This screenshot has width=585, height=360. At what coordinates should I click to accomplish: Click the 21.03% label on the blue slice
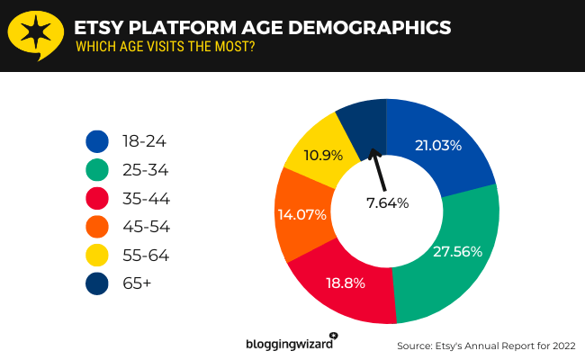click(438, 145)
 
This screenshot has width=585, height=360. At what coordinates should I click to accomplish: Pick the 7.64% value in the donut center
click(387, 203)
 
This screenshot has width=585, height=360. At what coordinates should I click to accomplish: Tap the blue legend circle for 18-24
click(97, 141)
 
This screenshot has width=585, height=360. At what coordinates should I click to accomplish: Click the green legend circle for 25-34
click(97, 170)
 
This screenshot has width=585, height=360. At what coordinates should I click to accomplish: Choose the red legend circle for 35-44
click(97, 198)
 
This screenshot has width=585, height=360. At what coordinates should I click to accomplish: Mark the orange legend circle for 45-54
click(97, 227)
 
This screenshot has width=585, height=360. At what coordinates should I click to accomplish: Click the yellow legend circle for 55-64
click(97, 255)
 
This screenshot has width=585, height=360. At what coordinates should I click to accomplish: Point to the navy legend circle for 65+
click(97, 283)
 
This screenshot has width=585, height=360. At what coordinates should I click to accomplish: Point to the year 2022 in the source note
click(558, 346)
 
